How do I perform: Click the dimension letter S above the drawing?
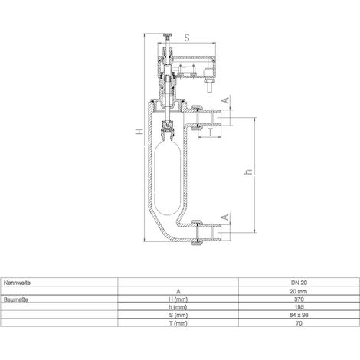coord(187,38)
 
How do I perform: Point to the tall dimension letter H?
coord(139,132)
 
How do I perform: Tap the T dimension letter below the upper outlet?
coord(210,132)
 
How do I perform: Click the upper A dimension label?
coord(226,100)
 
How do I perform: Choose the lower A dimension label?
coord(226,217)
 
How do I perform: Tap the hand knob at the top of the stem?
coord(168,36)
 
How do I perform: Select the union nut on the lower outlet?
coord(197,232)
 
